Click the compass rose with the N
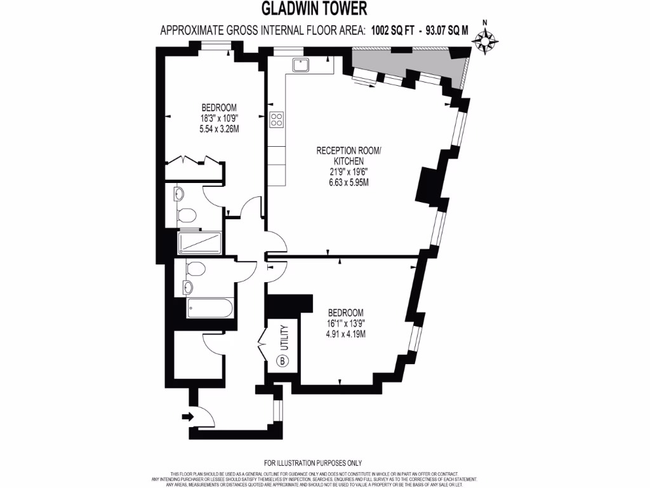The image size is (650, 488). pyautogui.click(x=486, y=42)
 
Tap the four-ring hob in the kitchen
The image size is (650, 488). pyautogui.click(x=277, y=120)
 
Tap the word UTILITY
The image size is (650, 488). pyautogui.click(x=285, y=337)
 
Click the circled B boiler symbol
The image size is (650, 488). pyautogui.click(x=282, y=362)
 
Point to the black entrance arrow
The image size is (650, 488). pyautogui.click(x=187, y=417)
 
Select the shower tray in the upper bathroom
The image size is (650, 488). pyautogui.click(x=199, y=242)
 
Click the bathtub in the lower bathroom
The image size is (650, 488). pyautogui.click(x=204, y=309)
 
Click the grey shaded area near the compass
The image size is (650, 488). pyautogui.click(x=406, y=64)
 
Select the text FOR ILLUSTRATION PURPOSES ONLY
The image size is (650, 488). pyautogui.click(x=312, y=463)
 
